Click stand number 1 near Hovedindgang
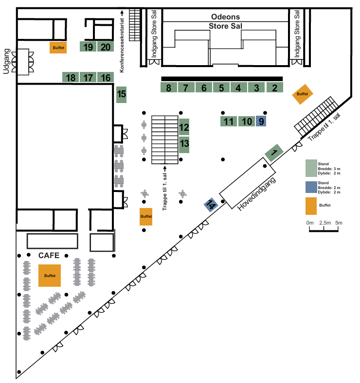pyautogui.click(x=274, y=153)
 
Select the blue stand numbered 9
pyautogui.click(x=261, y=121)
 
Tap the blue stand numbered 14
pyautogui.click(x=211, y=205)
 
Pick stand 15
pyautogui.click(x=122, y=94)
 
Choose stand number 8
pyautogui.click(x=168, y=88)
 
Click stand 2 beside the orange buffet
pyautogui.click(x=274, y=88)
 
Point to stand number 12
pyautogui.click(x=184, y=128)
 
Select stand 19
pyautogui.click(x=88, y=47)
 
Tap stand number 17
pyautogui.click(x=88, y=77)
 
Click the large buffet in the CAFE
pyautogui.click(x=50, y=276)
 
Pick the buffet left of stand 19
pyautogui.click(x=58, y=47)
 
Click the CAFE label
pyautogui.click(x=49, y=256)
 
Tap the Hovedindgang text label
pyautogui.click(x=257, y=194)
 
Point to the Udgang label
pyautogui.click(x=7, y=60)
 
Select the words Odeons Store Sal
pyautogui.click(x=225, y=21)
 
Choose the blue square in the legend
pyautogui.click(x=311, y=187)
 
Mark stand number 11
pyautogui.click(x=229, y=121)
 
